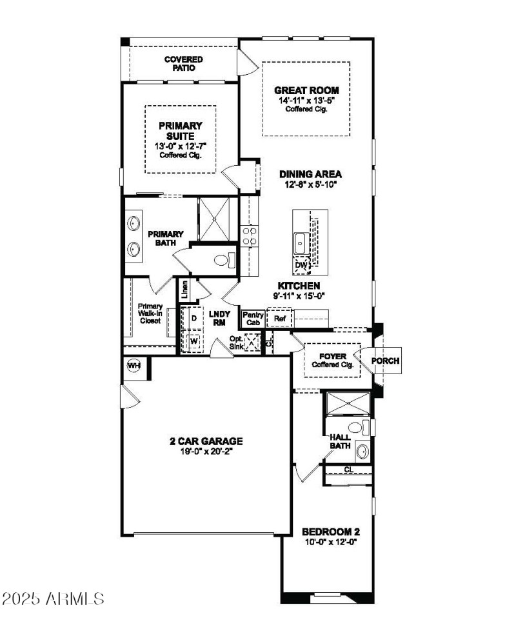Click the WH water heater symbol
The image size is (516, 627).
pos(134,366)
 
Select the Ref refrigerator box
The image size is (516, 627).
pos(280,318)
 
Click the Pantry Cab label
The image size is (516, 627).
pos(252,318)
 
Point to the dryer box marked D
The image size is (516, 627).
pos(193,319)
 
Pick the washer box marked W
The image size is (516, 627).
pos(193,339)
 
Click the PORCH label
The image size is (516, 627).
pos(385,361)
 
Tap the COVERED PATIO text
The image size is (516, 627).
pos(183,63)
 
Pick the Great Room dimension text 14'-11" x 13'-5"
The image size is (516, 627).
pos(307,101)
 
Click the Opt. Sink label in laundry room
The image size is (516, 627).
pos(237,343)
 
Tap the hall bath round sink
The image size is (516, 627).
pos(362,450)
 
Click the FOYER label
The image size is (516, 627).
pos(333,356)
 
